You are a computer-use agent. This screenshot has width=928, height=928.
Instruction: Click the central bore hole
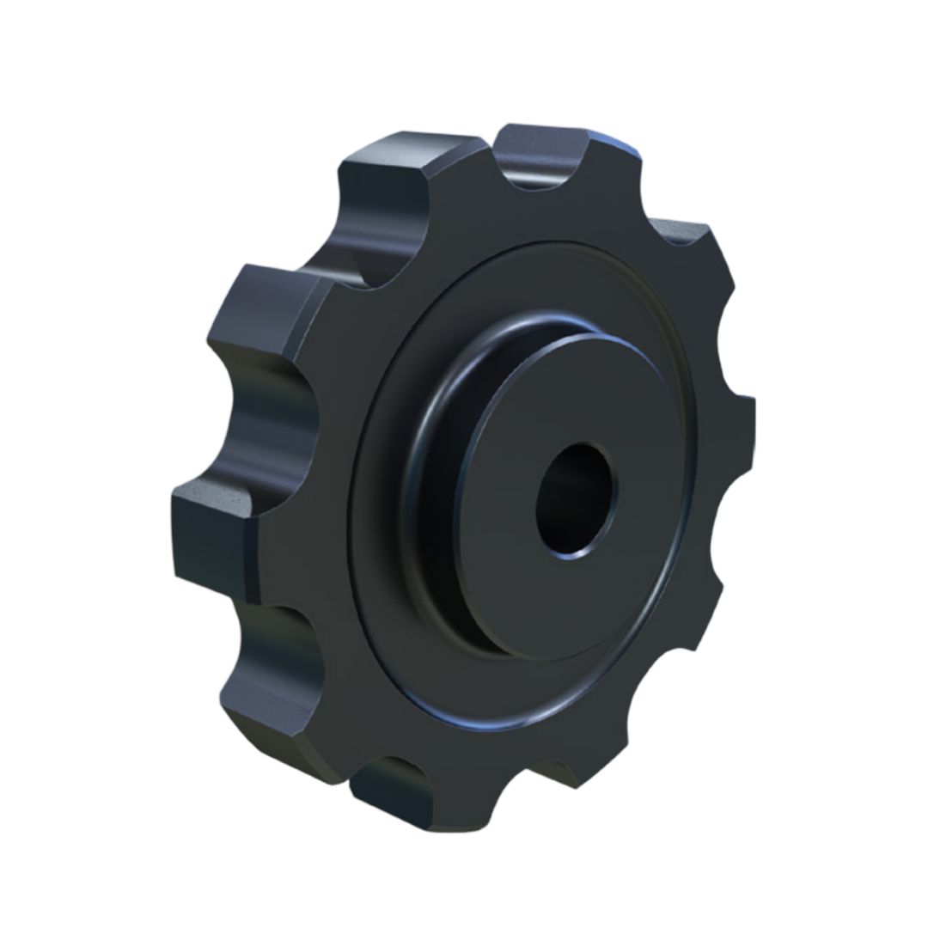(576, 498)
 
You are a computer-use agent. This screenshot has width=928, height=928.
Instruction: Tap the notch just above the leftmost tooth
(275, 412)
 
